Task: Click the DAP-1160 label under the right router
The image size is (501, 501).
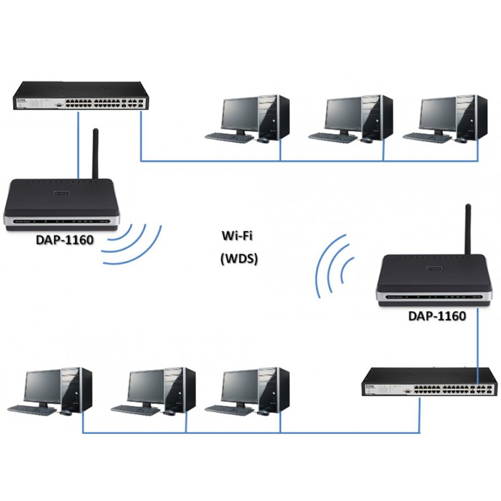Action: [x=436, y=316]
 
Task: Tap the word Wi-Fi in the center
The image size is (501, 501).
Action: [x=239, y=236]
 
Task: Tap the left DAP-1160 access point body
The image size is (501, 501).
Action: [x=56, y=204]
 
